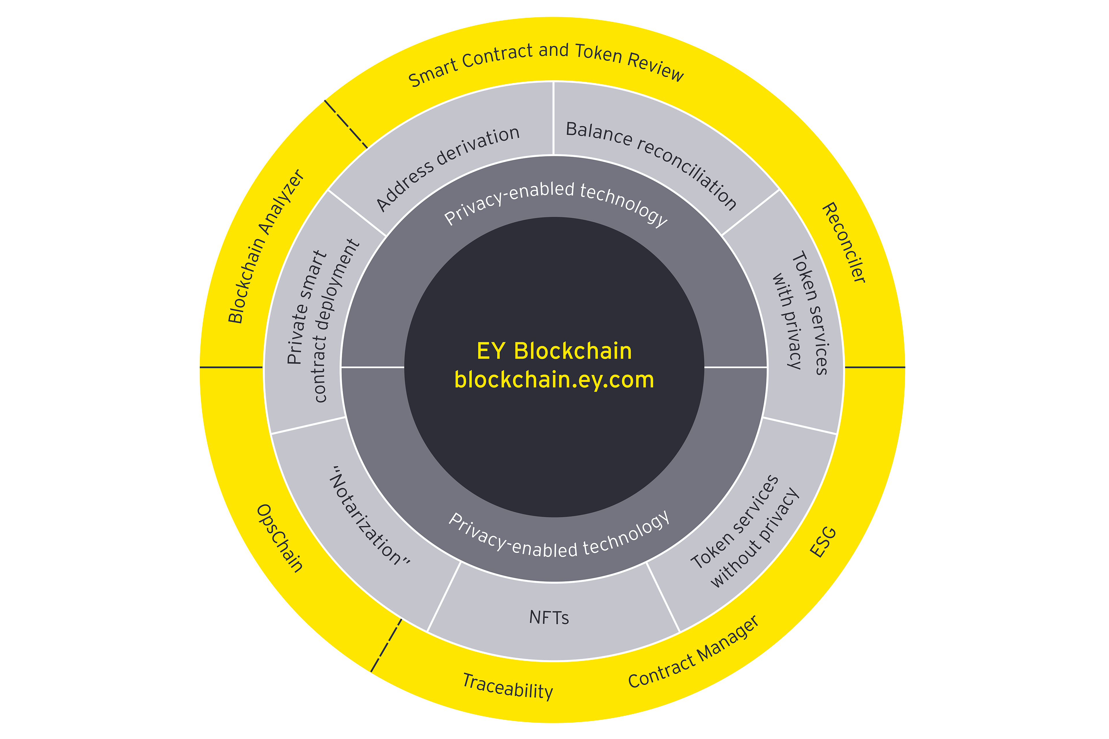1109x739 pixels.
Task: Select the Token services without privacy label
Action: click(745, 533)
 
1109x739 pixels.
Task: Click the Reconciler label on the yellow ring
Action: click(844, 243)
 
